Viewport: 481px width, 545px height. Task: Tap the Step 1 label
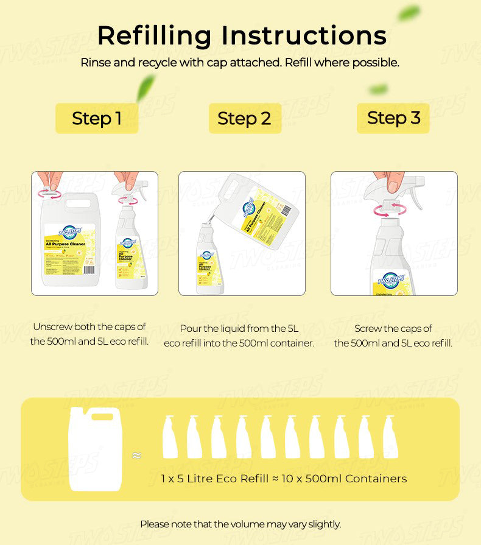pos(97,118)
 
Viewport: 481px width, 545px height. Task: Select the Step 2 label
pos(244,119)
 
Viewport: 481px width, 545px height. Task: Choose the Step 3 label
pos(393,118)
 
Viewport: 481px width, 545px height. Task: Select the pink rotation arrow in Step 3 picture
pos(389,210)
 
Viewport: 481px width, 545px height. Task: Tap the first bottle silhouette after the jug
pos(170,438)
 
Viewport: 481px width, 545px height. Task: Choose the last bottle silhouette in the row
pos(391,438)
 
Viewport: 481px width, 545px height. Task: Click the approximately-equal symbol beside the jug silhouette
pos(137,455)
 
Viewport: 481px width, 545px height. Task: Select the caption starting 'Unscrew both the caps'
pos(90,334)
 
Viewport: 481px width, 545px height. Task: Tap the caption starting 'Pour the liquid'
pos(239,336)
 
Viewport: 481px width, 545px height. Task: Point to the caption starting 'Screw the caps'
pos(393,336)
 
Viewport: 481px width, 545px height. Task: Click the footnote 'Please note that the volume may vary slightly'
pos(240,524)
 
